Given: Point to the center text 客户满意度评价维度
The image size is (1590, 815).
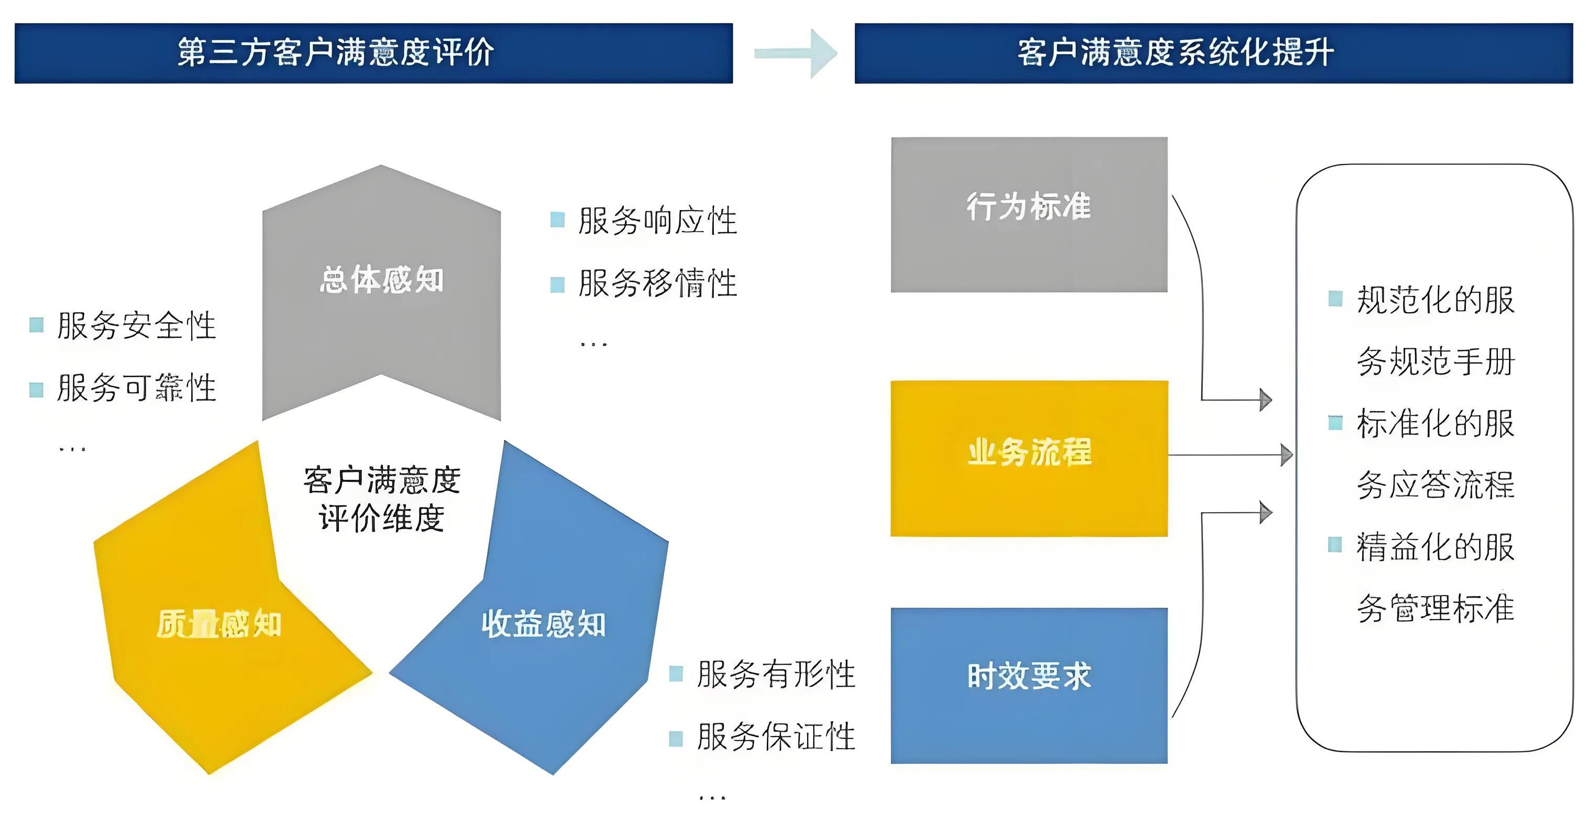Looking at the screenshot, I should (x=381, y=499).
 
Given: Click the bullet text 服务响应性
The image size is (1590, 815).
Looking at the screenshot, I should (x=657, y=221).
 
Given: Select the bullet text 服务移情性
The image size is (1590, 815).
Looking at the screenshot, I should (x=657, y=283).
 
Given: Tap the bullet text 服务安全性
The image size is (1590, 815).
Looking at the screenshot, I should (x=136, y=325).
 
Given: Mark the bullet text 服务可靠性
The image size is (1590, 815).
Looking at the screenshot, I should (x=136, y=388).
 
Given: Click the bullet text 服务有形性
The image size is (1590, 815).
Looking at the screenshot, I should (x=776, y=674).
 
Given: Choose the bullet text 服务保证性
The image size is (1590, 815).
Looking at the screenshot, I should (x=776, y=736).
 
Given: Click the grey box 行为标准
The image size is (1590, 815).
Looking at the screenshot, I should (x=1029, y=214).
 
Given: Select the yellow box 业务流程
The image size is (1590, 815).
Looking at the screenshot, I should (x=1029, y=458).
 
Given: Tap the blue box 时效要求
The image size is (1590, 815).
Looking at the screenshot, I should (x=1029, y=685).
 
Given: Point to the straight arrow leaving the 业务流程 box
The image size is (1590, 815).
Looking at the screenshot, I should (x=1228, y=455).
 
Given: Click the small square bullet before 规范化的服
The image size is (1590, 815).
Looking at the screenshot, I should (x=1335, y=299).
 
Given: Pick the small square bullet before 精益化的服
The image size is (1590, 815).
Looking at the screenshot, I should (x=1335, y=545).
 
